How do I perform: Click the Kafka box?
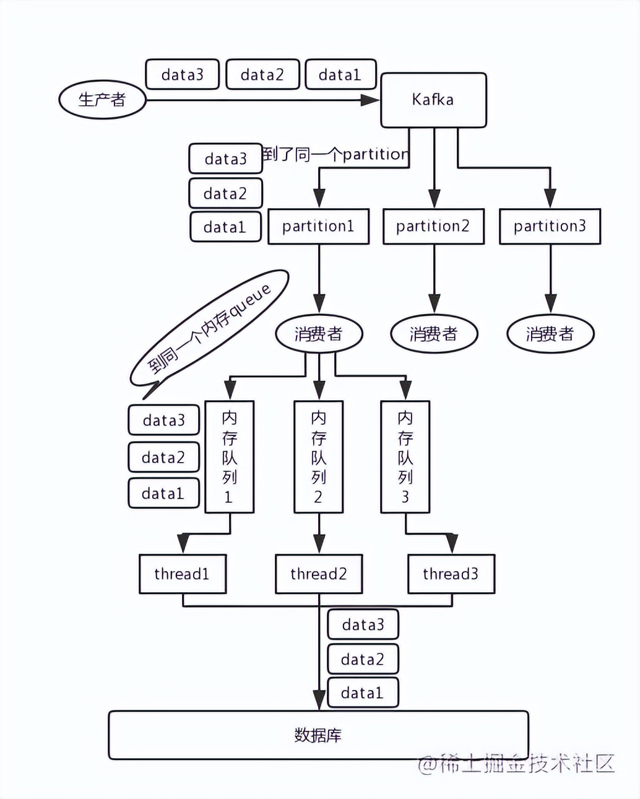433,100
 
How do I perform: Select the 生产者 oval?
102,100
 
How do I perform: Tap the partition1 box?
318,226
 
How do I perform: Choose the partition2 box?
433,226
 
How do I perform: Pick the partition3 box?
550,226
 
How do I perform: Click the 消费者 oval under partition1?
319,334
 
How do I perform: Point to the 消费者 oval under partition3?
551,334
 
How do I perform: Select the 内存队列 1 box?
229,456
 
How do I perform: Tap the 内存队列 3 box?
405,456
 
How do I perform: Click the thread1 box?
183,574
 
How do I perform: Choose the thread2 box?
319,574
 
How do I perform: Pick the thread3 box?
451,574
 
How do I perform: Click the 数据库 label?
318,735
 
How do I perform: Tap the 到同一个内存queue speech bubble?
209,330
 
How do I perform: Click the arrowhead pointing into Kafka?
370,100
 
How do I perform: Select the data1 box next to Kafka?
340,74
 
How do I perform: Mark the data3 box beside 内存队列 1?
163,420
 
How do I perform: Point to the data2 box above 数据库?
363,658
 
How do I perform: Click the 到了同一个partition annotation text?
335,154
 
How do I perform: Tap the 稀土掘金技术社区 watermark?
516,763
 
